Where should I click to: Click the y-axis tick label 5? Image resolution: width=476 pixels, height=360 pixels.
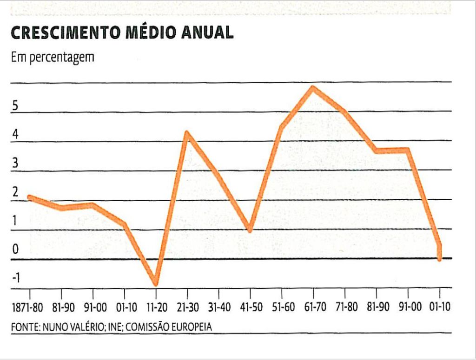[15, 106]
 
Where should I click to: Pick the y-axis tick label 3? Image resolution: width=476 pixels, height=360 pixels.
[15, 164]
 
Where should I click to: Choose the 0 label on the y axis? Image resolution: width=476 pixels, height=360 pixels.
[15, 250]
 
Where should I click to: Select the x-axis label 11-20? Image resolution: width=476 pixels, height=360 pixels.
[156, 308]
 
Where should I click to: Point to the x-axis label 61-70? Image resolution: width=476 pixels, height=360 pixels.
[313, 308]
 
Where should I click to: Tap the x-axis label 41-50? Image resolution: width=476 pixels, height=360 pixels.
[250, 308]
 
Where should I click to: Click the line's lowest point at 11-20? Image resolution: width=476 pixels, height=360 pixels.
[156, 284]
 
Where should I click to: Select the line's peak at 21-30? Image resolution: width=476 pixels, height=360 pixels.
[187, 133]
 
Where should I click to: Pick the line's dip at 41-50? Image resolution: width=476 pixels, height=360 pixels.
[250, 229]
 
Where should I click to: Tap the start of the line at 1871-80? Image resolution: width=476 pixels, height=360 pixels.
[30, 197]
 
